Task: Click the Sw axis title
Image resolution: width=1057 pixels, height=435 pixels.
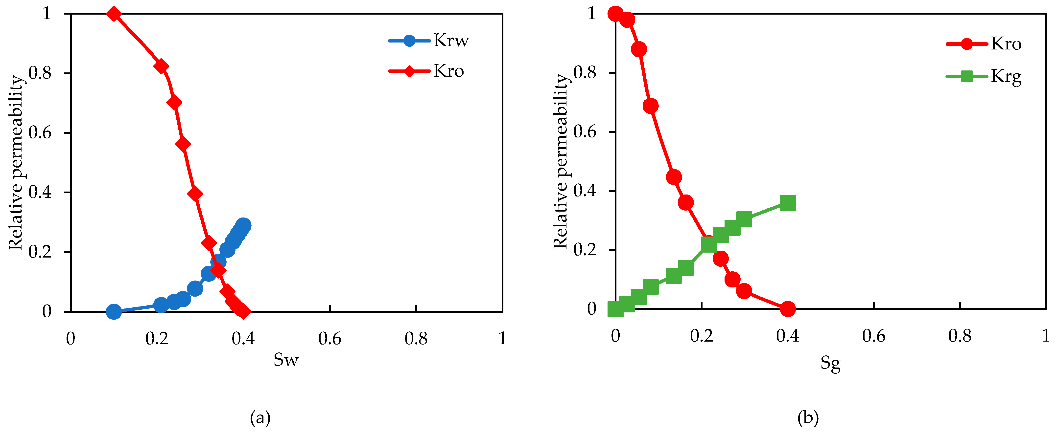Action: [286, 360]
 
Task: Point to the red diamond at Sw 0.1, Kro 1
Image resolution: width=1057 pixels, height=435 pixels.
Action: [114, 14]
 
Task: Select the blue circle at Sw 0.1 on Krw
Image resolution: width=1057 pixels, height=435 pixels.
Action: [114, 312]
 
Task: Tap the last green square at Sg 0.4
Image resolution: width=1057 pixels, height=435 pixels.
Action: [787, 202]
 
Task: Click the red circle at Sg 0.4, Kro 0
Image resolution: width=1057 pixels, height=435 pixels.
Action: [787, 309]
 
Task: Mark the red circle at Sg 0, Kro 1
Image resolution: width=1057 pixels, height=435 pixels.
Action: [615, 14]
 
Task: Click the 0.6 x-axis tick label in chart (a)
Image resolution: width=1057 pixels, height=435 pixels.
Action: [329, 339]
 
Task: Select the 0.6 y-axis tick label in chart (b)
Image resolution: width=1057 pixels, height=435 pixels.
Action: [585, 131]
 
